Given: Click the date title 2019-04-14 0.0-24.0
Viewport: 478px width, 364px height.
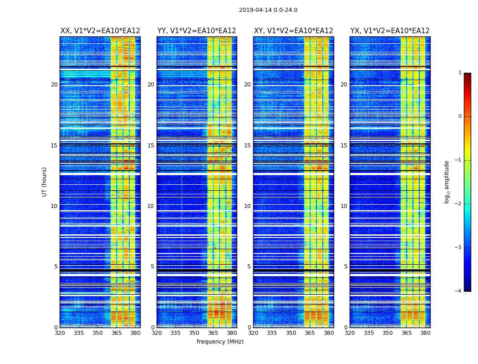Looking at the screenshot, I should (x=268, y=10).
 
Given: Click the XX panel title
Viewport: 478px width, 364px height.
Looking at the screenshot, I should (x=100, y=31).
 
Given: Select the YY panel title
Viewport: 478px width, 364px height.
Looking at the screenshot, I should (x=197, y=31).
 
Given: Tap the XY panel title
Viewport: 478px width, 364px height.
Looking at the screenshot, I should (x=293, y=31).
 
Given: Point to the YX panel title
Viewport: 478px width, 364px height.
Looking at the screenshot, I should (x=390, y=31).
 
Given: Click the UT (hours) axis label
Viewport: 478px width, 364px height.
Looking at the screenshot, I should (x=45, y=182).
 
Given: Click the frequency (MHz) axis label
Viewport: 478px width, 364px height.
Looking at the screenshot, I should (x=220, y=342).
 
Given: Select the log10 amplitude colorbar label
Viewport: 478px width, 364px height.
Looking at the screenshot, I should (x=447, y=182).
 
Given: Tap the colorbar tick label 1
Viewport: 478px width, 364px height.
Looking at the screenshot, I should (x=460, y=73).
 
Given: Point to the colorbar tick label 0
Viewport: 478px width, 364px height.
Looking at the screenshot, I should (x=460, y=116).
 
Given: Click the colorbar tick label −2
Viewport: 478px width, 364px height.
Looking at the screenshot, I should (x=459, y=204).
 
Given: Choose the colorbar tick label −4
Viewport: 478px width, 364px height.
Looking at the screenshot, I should (x=459, y=291).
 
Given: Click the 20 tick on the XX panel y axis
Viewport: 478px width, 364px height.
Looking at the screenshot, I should (x=54, y=85).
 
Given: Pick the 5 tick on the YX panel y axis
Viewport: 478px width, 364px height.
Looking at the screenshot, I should (x=346, y=267).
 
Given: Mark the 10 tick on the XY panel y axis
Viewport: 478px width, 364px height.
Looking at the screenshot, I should (x=247, y=206).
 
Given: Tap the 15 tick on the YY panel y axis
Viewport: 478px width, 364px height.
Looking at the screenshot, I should (x=151, y=146).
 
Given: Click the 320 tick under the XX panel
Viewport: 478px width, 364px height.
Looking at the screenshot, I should (x=60, y=333).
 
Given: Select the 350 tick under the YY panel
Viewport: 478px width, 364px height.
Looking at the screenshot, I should (x=194, y=333).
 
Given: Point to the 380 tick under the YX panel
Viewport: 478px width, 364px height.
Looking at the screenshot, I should (x=425, y=333).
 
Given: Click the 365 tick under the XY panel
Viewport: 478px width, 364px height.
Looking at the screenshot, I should (x=310, y=333).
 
